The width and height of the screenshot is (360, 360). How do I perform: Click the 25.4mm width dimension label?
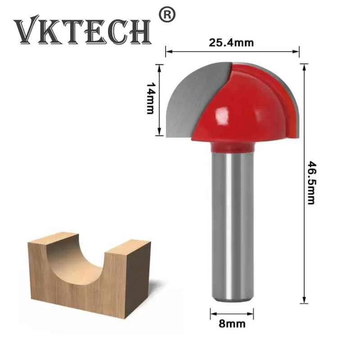[x=231, y=43]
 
